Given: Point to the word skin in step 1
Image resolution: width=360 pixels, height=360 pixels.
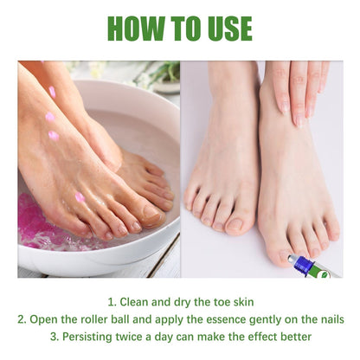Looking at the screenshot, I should [241, 302].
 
